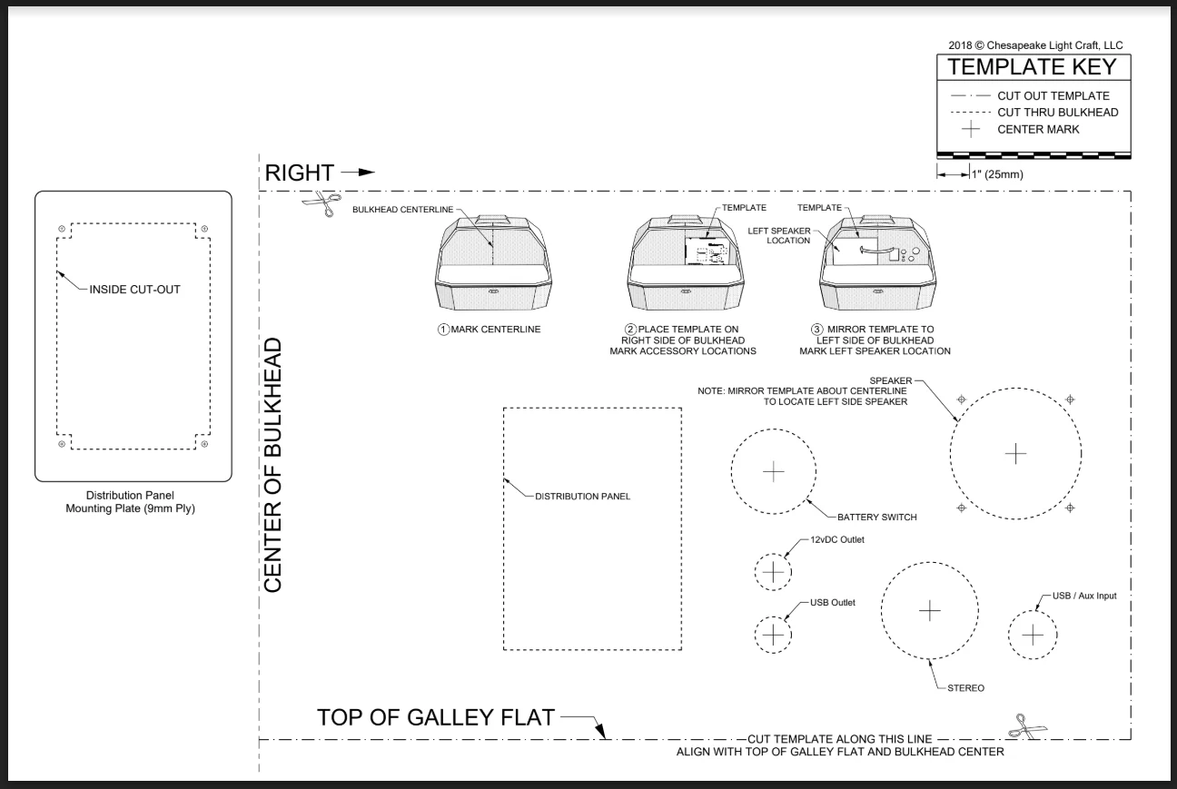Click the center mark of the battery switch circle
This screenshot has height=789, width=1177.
pyautogui.click(x=774, y=472)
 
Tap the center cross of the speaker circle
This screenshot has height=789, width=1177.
pyautogui.click(x=1015, y=454)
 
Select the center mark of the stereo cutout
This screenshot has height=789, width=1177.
pyautogui.click(x=929, y=611)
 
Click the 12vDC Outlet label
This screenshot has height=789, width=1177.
pyautogui.click(x=837, y=539)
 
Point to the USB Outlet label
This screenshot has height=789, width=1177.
pyautogui.click(x=832, y=603)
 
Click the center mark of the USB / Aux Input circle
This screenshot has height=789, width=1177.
pyautogui.click(x=1033, y=635)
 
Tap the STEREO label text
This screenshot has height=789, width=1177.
pyautogui.click(x=965, y=688)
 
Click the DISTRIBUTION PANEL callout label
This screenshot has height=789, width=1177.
pyautogui.click(x=582, y=497)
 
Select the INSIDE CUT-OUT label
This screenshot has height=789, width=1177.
pyautogui.click(x=134, y=290)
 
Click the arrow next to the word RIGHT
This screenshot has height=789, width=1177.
pyautogui.click(x=359, y=173)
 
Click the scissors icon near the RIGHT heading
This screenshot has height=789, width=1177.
pyautogui.click(x=322, y=203)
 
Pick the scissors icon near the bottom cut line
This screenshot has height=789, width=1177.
pyautogui.click(x=1027, y=726)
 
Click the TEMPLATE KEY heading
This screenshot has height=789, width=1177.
pyautogui.click(x=1032, y=67)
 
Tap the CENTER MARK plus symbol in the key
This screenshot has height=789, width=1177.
pyautogui.click(x=971, y=129)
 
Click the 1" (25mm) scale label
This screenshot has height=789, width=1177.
pyautogui.click(x=997, y=174)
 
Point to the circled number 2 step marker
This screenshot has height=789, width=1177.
pyautogui.click(x=630, y=330)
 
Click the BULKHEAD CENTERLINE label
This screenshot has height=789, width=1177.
pyautogui.click(x=402, y=210)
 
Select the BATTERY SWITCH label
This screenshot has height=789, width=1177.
pyautogui.click(x=877, y=518)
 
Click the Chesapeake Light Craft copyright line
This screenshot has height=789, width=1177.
pyautogui.click(x=1035, y=45)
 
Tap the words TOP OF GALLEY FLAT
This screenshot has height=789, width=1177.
pyautogui.click(x=436, y=717)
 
